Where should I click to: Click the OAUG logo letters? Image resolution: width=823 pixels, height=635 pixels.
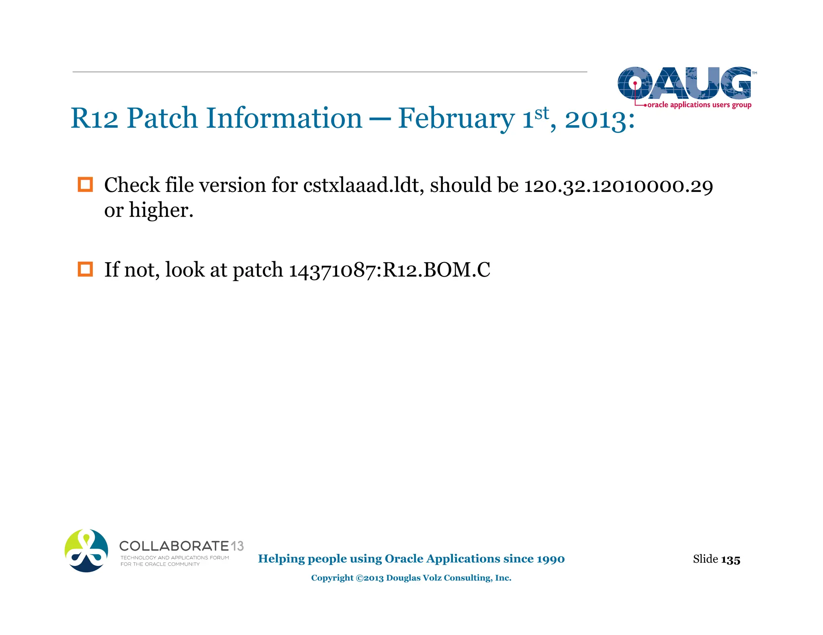point(684,83)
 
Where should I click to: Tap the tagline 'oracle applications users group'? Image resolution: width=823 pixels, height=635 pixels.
point(699,105)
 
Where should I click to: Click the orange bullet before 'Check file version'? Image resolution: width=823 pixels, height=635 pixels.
point(85,185)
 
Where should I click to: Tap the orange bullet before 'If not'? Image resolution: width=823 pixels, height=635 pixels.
point(85,269)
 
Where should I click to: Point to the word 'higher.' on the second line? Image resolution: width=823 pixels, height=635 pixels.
point(161,210)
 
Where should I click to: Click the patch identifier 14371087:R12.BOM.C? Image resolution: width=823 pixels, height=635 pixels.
point(389,270)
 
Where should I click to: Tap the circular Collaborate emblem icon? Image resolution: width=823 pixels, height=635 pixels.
point(86,550)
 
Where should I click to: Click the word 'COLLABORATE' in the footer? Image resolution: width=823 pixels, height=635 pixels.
point(174,546)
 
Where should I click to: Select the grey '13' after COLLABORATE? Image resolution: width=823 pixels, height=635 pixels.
point(237,546)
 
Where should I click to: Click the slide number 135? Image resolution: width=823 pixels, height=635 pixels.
point(730,560)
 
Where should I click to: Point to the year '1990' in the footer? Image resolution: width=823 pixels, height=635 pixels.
point(551,559)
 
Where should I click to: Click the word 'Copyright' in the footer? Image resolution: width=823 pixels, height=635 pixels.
point(332,578)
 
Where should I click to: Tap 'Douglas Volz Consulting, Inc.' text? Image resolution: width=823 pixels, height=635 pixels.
point(448,578)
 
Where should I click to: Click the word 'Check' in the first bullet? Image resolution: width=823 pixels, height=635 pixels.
point(131,185)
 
